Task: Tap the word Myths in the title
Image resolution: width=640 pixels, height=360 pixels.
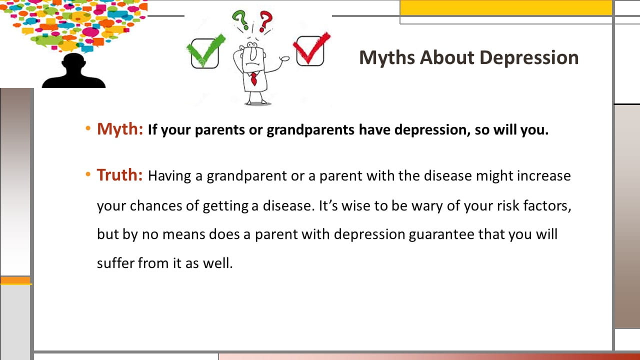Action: (387, 57)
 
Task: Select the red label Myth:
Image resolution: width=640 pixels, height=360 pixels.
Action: (120, 129)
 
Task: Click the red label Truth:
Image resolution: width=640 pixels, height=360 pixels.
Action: (119, 175)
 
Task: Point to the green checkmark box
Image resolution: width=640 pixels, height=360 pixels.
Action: (205, 52)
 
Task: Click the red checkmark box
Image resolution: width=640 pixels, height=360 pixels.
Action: (311, 50)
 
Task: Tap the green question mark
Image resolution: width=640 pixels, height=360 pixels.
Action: (240, 20)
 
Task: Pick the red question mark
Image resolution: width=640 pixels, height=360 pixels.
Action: (265, 21)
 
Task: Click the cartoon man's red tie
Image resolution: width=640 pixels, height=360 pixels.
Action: (253, 79)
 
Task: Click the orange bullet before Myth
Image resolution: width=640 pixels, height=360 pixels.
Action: (88, 128)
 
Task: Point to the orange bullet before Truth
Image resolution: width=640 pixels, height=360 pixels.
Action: (88, 174)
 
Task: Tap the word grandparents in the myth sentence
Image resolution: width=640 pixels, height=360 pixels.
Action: (310, 130)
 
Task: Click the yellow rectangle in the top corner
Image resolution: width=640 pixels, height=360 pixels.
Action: (506, 7)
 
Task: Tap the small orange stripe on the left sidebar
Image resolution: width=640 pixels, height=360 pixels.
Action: (15, 280)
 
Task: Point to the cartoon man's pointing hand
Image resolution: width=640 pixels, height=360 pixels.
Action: (284, 58)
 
